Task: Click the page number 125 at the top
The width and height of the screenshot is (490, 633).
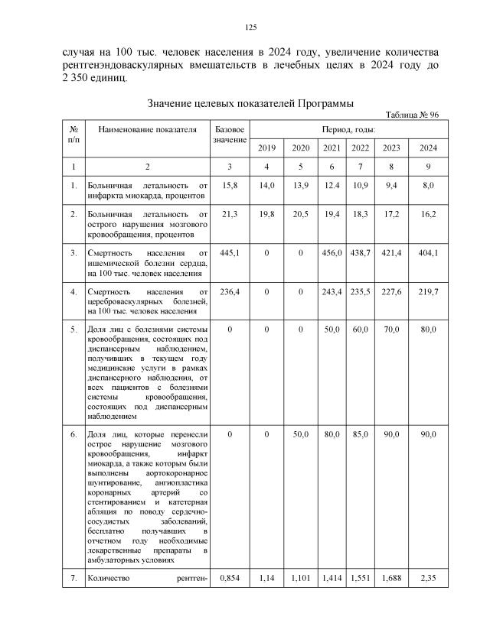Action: (x=250, y=28)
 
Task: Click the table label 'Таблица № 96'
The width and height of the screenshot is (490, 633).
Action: (x=412, y=114)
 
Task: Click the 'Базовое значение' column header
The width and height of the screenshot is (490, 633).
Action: (x=230, y=135)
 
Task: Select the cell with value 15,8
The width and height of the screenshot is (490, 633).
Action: (x=230, y=184)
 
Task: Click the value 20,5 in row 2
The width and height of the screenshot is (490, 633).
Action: (x=301, y=216)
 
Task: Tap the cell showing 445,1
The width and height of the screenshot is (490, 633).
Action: (x=230, y=252)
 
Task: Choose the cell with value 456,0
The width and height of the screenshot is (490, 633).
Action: (x=332, y=252)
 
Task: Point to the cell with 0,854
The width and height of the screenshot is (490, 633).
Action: (x=230, y=579)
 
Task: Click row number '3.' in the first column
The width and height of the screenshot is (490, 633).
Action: (x=73, y=252)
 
